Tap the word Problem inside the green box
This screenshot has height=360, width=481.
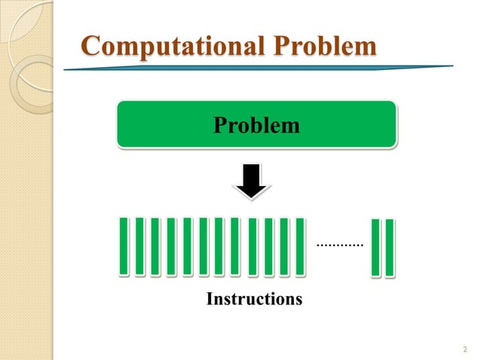pyautogui.click(x=256, y=124)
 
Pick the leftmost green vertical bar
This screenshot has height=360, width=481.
pyautogui.click(x=124, y=246)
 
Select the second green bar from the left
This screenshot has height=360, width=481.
pyautogui.click(x=139, y=246)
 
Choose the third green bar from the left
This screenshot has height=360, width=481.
pyautogui.click(x=155, y=246)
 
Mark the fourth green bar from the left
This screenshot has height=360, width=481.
pyautogui.click(x=171, y=246)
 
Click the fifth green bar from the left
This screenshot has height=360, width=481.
pyautogui.click(x=187, y=246)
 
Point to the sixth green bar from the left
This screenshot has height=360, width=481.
pyautogui.click(x=203, y=246)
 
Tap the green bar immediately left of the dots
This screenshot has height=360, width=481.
pyautogui.click(x=300, y=246)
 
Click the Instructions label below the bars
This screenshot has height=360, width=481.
pyautogui.click(x=254, y=300)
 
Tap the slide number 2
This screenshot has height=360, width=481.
pyautogui.click(x=463, y=348)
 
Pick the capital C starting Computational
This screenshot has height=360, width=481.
pyautogui.click(x=90, y=46)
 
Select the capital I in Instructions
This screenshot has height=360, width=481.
pyautogui.click(x=210, y=300)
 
